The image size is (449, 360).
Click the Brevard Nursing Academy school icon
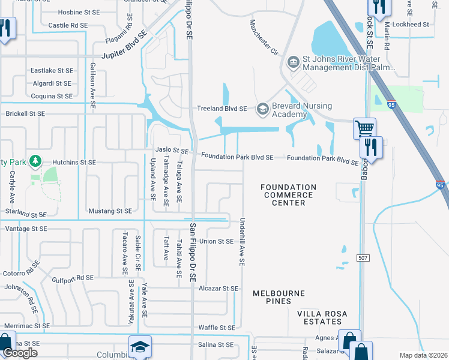pos(262,109)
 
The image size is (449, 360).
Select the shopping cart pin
pos(364,128)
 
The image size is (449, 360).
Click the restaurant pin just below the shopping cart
pos(371,147)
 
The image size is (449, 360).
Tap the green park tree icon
pos(37,161)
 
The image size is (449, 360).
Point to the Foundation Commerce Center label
pos(288,195)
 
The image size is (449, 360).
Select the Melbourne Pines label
pos(279,293)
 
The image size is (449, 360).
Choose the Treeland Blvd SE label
pos(222,109)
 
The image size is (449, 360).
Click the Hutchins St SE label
pos(74,163)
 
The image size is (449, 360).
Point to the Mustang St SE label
pos(109,211)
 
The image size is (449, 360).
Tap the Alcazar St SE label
pos(218,289)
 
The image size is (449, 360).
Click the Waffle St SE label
pos(217,328)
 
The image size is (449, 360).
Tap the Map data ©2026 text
pos(423,355)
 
